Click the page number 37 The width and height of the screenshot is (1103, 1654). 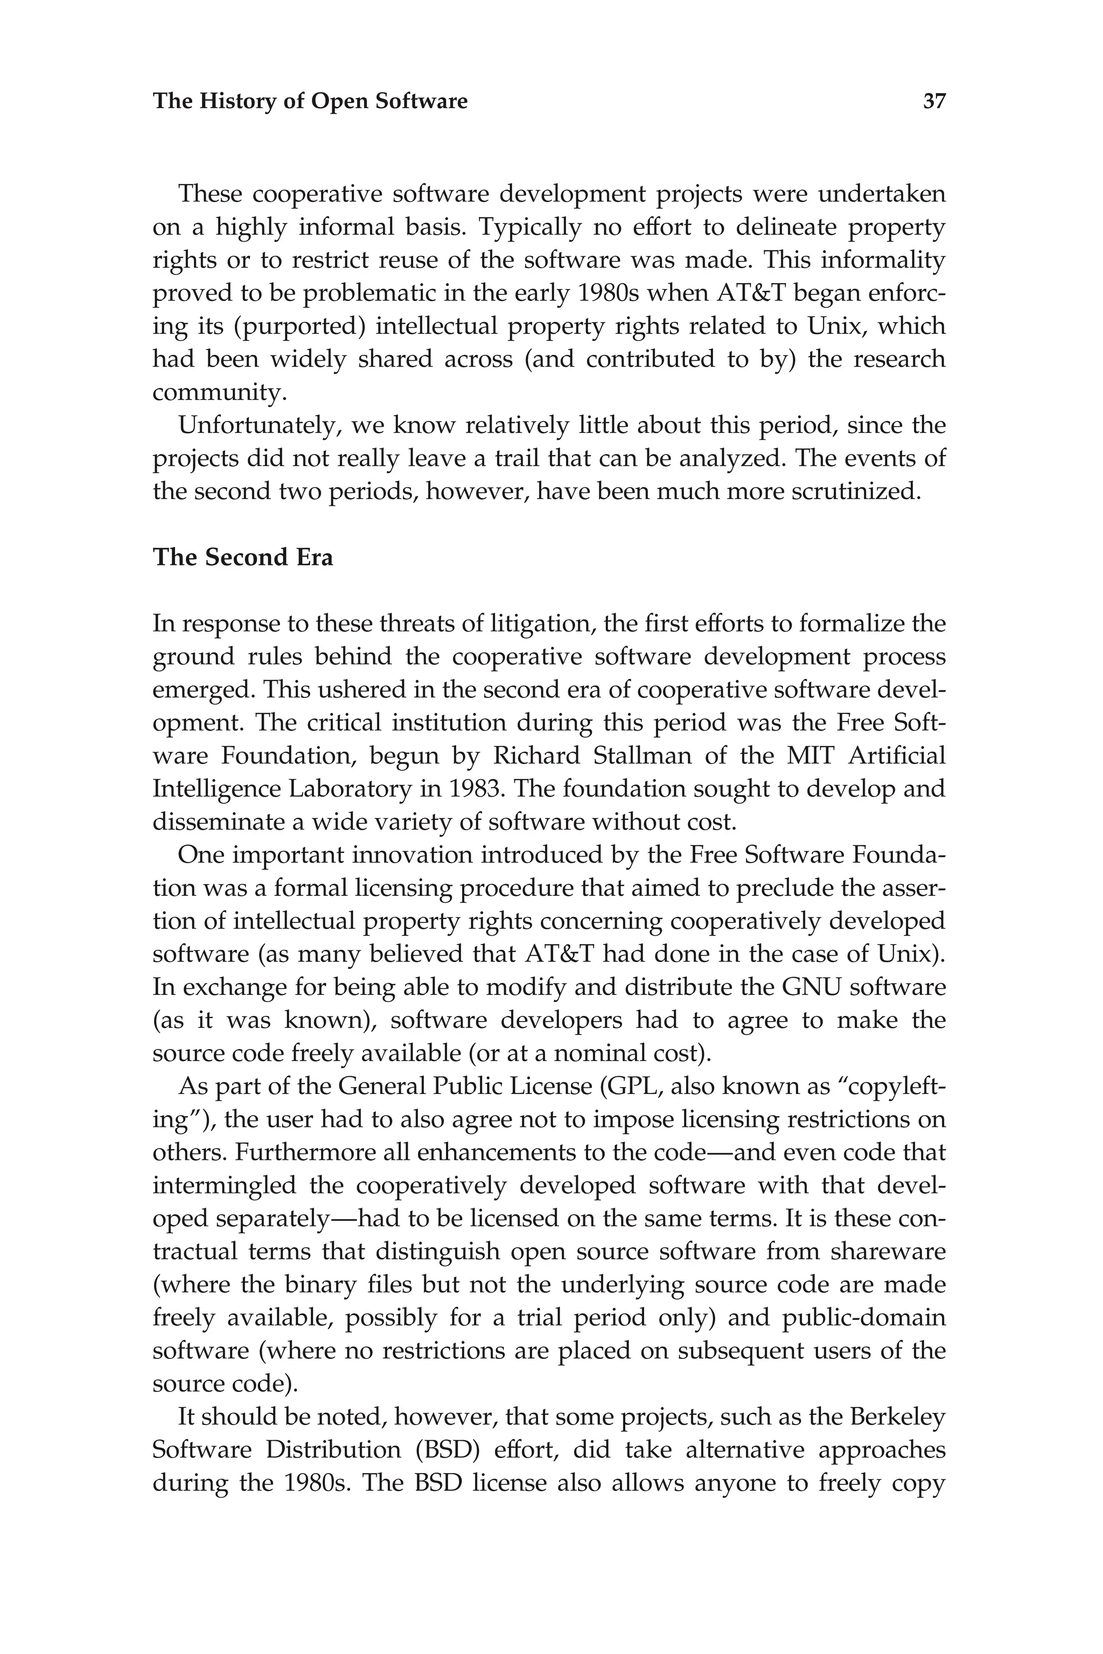934,101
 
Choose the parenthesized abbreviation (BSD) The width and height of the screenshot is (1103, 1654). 444,1450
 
